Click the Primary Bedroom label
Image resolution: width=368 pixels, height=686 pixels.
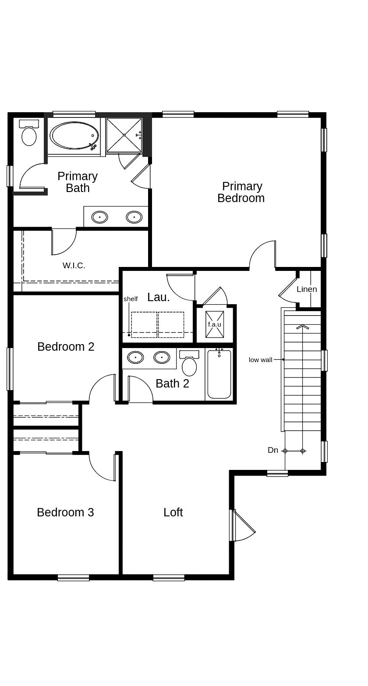coord(241,192)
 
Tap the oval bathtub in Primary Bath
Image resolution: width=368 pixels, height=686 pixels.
coord(74,135)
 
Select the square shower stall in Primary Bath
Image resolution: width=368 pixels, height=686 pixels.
coord(124,135)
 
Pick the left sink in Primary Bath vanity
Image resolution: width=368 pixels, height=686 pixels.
coord(99,217)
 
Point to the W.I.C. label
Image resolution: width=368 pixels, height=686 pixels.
coord(74,266)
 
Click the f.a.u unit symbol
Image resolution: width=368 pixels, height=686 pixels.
coord(215,324)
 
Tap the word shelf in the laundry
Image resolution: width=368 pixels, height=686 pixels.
coord(131,299)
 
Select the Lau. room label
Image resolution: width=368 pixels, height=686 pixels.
coord(158,297)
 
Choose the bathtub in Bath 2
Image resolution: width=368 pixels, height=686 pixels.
coord(219,375)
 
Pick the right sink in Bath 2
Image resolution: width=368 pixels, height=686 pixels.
coord(162,357)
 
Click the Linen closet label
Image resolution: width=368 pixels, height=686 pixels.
coord(307,289)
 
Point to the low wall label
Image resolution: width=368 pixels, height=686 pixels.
coord(260,360)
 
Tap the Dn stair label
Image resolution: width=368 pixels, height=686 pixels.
coord(273,450)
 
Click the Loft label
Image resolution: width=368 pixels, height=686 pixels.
coord(173,512)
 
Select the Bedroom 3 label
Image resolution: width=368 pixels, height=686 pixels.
coord(65,512)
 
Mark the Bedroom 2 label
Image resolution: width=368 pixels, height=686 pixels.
coord(66,347)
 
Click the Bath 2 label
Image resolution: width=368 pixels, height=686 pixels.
coord(172,384)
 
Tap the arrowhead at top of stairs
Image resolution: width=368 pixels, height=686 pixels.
coord(303,327)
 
